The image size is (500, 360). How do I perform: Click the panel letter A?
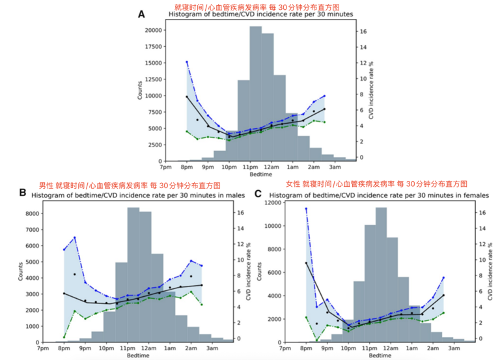141,13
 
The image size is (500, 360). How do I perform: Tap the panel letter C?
258,193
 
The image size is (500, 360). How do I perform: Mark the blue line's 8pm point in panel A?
187,62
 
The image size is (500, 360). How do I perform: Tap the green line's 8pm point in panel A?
187,131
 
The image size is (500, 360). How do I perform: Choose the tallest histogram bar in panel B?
133,274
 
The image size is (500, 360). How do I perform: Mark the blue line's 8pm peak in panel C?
306,208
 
